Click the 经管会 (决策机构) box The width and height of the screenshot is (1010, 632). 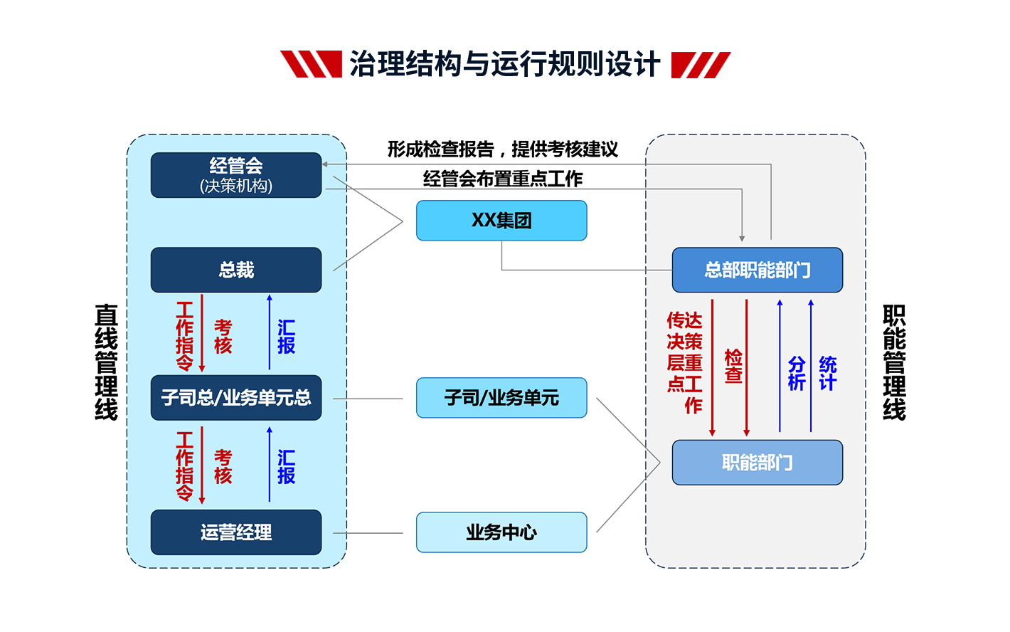coord(236,175)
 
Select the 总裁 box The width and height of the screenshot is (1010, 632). coord(236,270)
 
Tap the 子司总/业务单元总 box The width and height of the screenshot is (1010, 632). coord(236,398)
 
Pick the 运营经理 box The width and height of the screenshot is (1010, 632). coord(236,532)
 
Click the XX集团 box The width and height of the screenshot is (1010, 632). coord(501,221)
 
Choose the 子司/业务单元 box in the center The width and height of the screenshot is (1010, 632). coord(501,398)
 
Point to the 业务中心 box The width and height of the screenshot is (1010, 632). coord(501,532)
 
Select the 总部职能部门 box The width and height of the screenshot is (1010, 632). coord(757,270)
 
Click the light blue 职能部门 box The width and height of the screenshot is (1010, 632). coord(757,463)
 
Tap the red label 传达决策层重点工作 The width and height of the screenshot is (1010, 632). coord(685,362)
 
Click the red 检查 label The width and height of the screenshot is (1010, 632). coord(733,366)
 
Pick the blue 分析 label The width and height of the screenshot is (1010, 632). coord(797,374)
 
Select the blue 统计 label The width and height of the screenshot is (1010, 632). coord(828,374)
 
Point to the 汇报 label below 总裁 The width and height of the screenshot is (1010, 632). coord(287,337)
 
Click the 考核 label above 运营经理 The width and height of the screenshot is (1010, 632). coord(223,466)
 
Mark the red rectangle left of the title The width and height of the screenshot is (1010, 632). coord(311,64)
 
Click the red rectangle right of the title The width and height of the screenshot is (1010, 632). coord(701,64)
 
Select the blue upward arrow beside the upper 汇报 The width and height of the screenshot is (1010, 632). coord(270,332)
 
